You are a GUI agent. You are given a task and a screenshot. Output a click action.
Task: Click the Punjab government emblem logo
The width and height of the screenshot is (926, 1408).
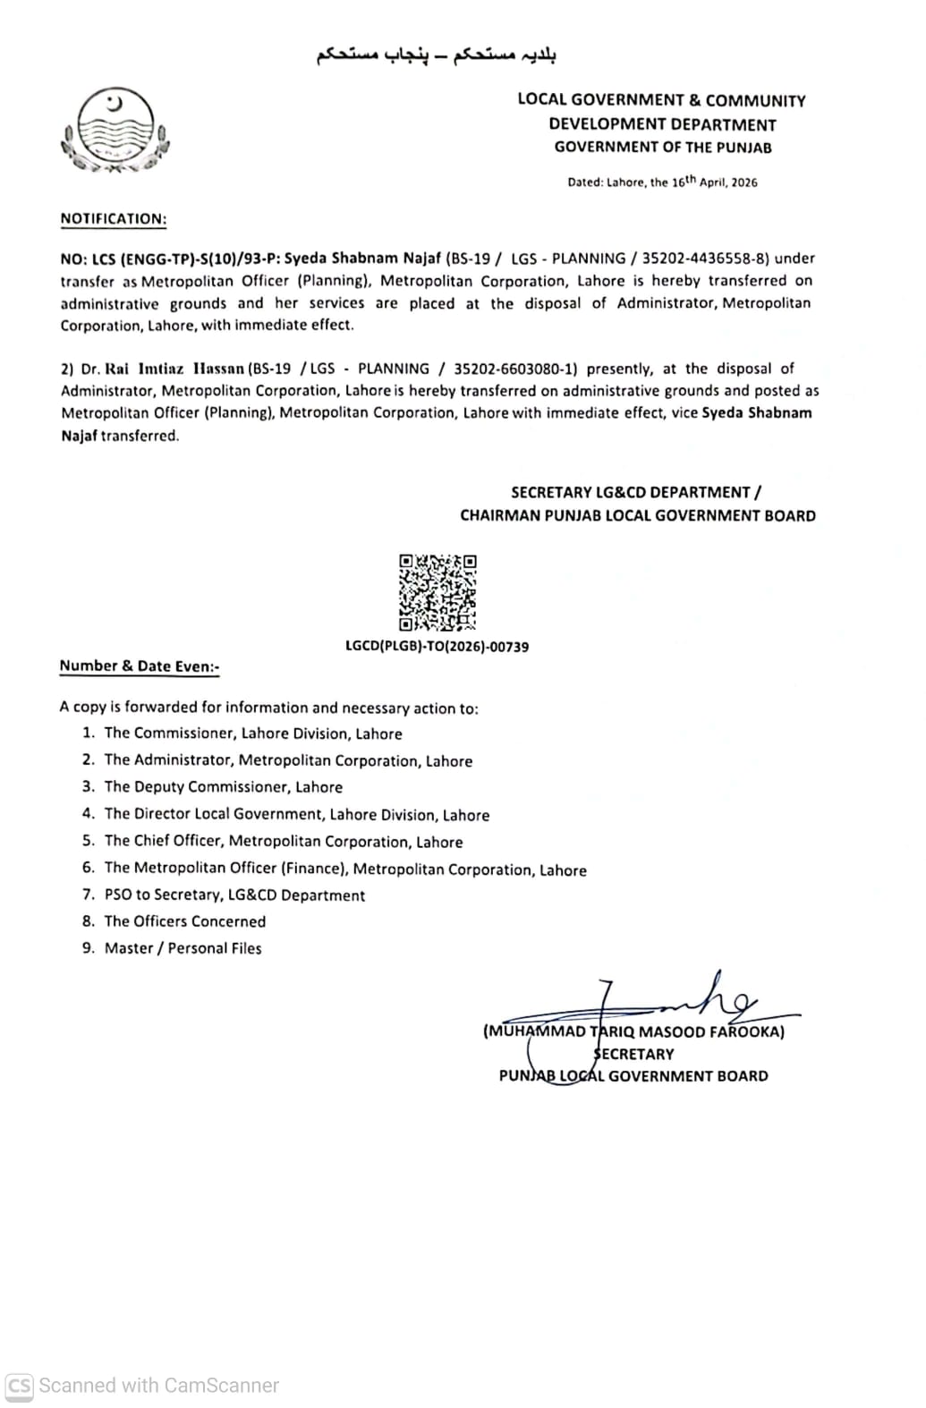(115, 131)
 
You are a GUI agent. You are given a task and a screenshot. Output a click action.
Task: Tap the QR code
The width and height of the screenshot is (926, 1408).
(438, 592)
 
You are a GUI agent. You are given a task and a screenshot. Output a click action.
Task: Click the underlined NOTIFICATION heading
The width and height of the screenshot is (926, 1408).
(113, 218)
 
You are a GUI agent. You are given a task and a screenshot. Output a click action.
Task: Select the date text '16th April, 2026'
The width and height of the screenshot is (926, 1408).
(714, 182)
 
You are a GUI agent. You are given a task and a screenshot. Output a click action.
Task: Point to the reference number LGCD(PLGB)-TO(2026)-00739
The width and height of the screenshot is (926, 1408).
(437, 646)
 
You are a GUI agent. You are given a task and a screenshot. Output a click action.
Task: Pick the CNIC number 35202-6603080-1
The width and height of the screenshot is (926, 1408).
(515, 369)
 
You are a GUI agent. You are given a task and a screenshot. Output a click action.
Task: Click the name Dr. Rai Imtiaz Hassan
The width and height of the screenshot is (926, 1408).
(162, 369)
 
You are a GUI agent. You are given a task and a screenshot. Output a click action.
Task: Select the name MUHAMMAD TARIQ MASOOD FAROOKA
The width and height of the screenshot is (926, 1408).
(633, 1031)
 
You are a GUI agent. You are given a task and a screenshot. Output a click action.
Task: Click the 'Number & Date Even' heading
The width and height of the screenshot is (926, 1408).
(139, 666)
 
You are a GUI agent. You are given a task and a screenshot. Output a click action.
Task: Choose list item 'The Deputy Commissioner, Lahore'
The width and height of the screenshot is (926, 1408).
(223, 787)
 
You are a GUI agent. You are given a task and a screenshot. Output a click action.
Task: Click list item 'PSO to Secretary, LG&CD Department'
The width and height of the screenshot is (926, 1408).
(234, 895)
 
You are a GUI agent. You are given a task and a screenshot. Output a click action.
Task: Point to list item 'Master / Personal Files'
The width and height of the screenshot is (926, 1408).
(183, 948)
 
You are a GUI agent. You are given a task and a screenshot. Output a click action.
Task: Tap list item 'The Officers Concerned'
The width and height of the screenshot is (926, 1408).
(184, 921)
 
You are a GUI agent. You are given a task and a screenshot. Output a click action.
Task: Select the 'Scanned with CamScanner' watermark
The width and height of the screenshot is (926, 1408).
(143, 1385)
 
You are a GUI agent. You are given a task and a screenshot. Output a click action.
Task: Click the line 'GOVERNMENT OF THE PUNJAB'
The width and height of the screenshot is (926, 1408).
(662, 148)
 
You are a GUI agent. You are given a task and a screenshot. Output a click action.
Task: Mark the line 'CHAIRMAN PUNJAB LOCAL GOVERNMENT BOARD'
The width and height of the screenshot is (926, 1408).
(637, 515)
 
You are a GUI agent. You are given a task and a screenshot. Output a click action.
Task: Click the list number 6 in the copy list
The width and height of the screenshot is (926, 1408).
(88, 868)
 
